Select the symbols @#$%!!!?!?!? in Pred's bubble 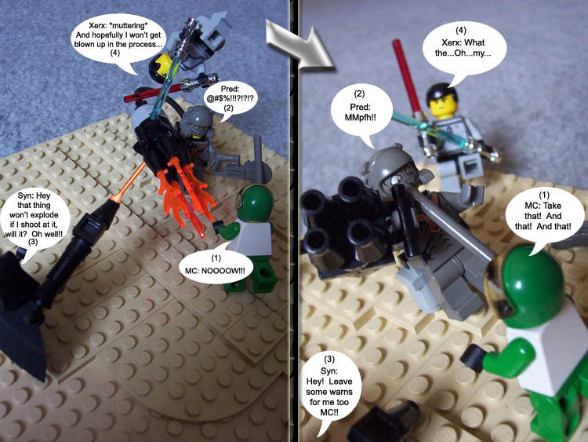[232, 99]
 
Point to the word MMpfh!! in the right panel [360, 118]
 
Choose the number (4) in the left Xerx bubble [115, 53]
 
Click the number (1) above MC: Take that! [544, 195]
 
